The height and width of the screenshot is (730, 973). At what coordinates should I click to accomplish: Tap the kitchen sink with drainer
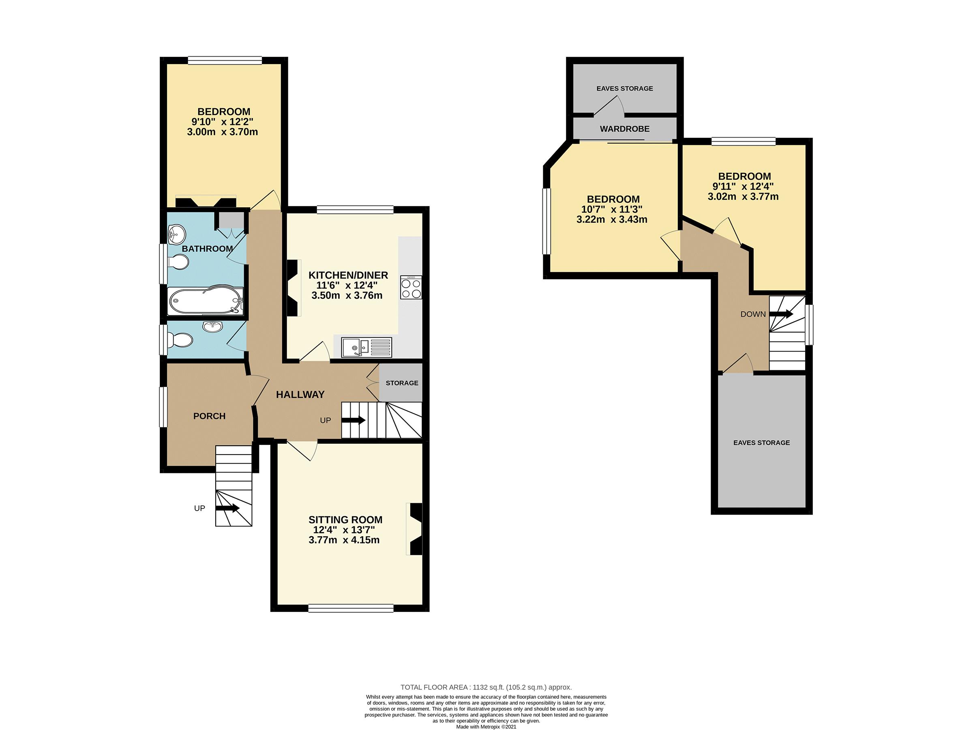tap(366, 347)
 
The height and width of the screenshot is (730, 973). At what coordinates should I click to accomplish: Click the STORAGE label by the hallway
tap(402, 383)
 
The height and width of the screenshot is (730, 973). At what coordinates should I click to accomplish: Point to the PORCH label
tap(209, 416)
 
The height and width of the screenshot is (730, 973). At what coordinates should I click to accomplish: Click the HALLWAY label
tap(300, 395)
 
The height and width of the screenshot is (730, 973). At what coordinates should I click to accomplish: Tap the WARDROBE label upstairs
tap(625, 129)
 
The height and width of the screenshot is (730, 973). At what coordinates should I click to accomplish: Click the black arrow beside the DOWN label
tap(782, 314)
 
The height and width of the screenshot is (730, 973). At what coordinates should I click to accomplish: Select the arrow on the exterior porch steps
tap(227, 508)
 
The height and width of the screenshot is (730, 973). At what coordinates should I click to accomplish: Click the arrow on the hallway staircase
tap(354, 420)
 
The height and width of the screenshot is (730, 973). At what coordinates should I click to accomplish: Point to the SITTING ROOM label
tap(345, 520)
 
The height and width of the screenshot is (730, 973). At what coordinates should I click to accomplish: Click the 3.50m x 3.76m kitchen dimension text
tap(347, 296)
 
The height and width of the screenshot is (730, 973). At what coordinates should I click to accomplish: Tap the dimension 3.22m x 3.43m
tap(612, 219)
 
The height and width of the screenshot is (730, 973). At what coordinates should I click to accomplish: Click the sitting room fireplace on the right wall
tap(415, 529)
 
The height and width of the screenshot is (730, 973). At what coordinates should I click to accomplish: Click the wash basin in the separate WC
tap(213, 326)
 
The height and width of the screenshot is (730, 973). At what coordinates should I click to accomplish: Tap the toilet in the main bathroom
tap(179, 263)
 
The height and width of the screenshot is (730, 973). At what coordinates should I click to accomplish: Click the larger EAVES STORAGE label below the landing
tap(761, 443)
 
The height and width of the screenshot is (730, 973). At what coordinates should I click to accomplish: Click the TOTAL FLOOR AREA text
tap(486, 687)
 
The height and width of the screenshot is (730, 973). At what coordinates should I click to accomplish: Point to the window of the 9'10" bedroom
tap(224, 60)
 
